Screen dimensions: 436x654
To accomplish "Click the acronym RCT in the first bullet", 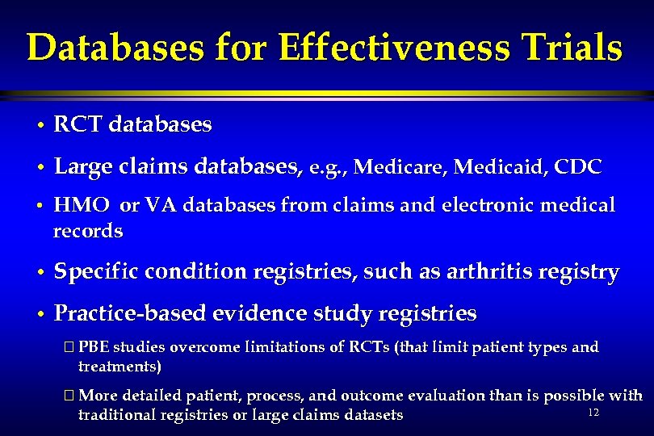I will point(77,125).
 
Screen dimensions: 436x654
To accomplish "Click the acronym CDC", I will point(579,168).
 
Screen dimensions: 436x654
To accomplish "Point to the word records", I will point(88,232).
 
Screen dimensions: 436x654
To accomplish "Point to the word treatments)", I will point(119,367).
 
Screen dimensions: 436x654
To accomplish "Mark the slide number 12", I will point(593,413).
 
